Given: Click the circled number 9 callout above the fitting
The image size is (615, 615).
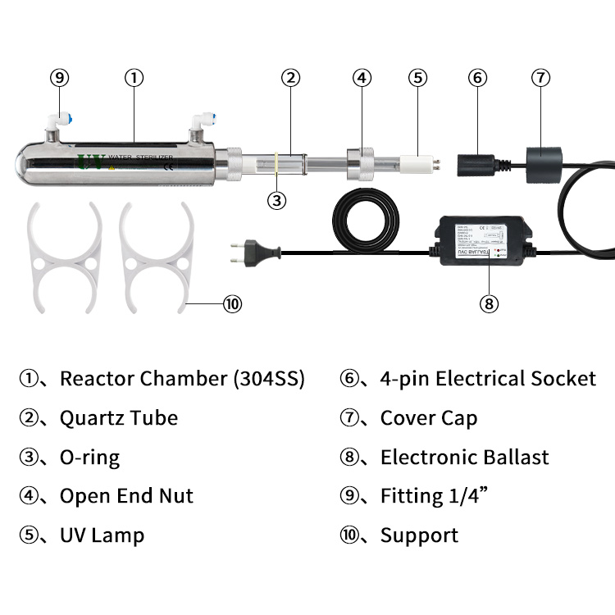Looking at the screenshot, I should pos(59,78).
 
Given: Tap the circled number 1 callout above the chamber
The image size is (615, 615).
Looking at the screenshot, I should pos(134,78).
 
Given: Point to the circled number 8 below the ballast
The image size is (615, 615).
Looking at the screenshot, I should pos(488,303).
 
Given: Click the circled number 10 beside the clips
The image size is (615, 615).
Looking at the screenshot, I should pos(233,303).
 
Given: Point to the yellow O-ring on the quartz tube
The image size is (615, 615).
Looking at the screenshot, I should pos(277,162).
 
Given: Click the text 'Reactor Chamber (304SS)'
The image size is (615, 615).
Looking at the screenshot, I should pos(182,379).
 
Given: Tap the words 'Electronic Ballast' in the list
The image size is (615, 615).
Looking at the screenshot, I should pos(464,457).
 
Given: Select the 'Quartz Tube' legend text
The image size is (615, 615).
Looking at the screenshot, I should pos(119,418).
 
